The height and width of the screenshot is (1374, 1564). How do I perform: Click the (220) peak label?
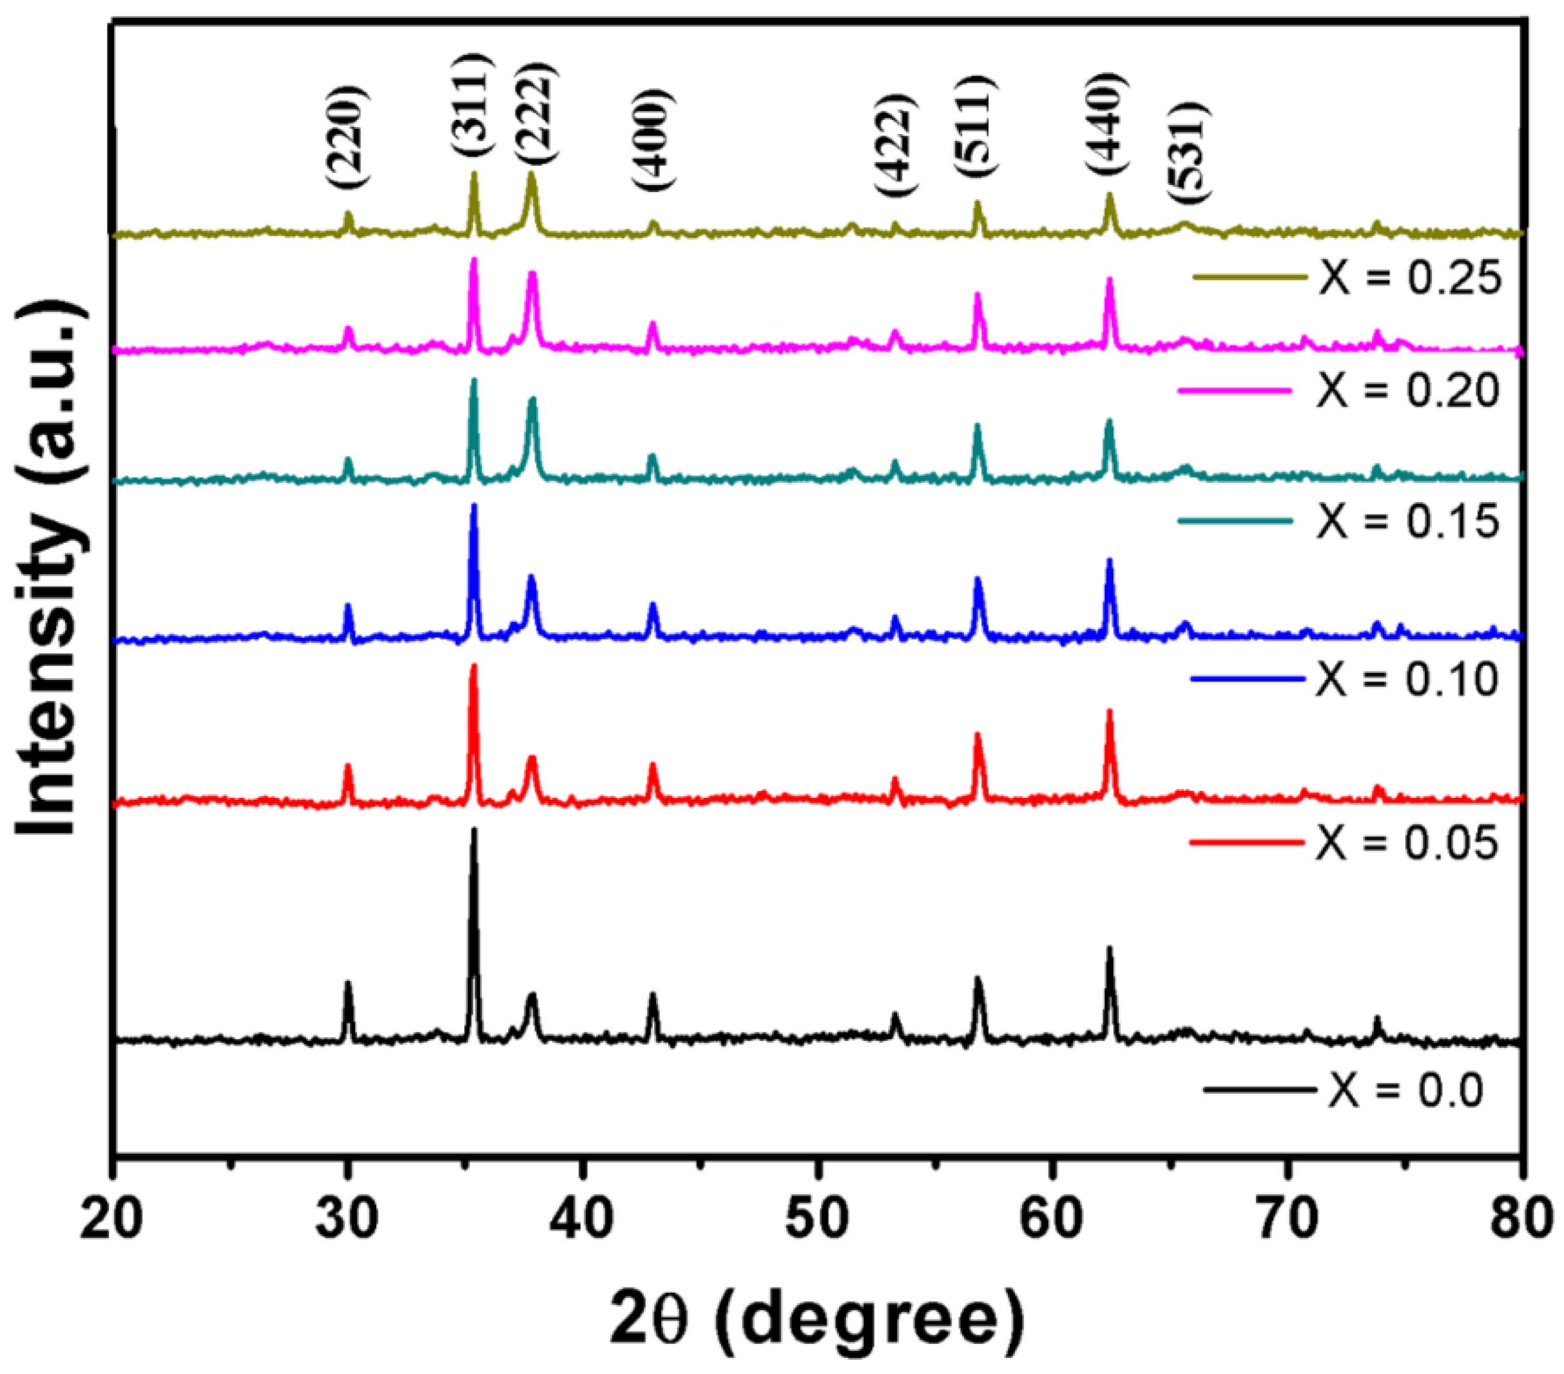[348, 138]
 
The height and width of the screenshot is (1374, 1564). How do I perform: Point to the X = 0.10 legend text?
[1406, 679]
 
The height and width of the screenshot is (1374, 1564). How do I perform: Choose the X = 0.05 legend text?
[1406, 843]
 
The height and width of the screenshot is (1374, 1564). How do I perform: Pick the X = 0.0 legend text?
[1405, 1089]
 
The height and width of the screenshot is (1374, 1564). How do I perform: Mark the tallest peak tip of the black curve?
[474, 829]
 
